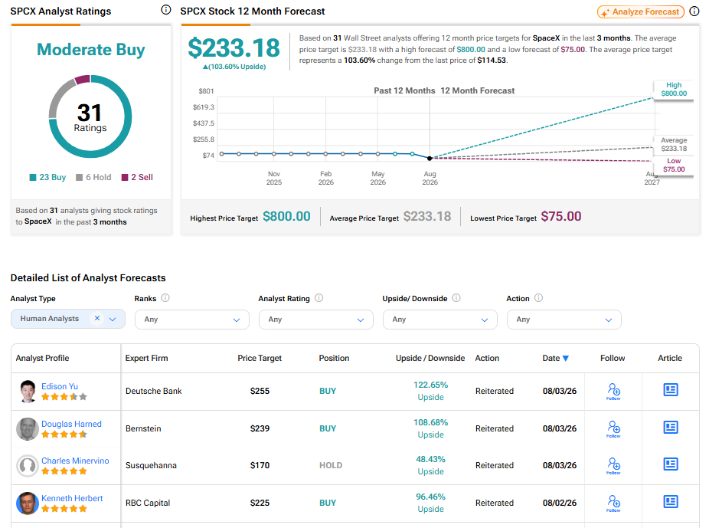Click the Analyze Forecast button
[640, 11]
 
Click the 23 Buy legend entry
[47, 177]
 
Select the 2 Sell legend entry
[137, 177]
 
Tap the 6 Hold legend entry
[93, 177]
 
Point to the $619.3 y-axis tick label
[204, 107]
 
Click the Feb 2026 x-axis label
[325, 178]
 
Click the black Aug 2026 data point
[430, 158]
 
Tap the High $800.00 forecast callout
[673, 90]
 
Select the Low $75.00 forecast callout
[673, 165]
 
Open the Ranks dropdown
[191, 320]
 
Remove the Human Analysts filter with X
[96, 318]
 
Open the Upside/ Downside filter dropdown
[439, 320]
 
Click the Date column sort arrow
[565, 359]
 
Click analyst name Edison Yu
[60, 386]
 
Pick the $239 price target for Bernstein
[260, 428]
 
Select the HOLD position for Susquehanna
[331, 465]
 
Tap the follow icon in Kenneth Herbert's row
[613, 503]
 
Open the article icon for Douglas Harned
[670, 427]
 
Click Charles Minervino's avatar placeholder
[27, 466]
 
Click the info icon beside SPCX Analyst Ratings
[166, 10]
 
